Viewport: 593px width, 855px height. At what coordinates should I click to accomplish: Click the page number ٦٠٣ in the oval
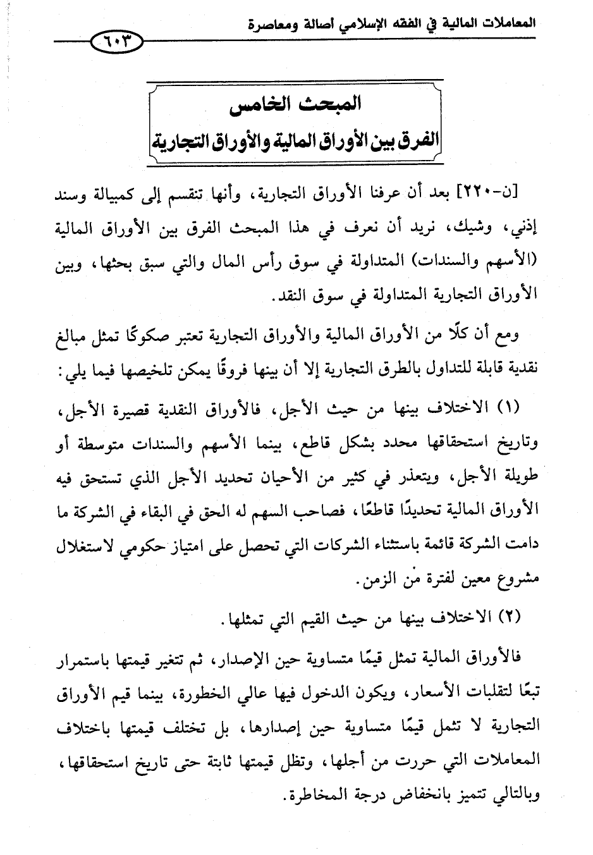click(118, 42)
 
